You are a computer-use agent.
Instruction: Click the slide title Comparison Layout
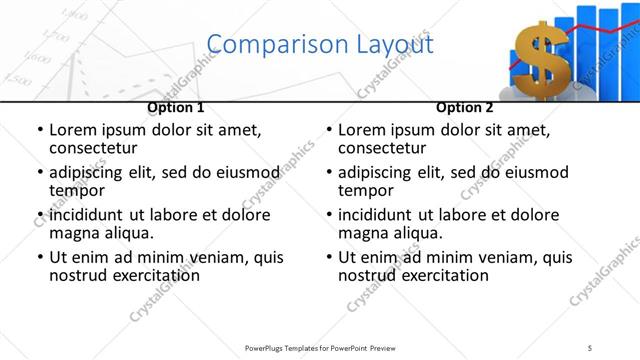(319, 44)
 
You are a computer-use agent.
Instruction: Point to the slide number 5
(590, 347)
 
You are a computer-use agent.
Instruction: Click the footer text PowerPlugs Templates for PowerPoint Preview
(319, 347)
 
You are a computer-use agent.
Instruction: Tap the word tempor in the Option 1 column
(77, 191)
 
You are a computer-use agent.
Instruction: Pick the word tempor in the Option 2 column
(366, 191)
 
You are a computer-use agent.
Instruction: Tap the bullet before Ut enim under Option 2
(330, 257)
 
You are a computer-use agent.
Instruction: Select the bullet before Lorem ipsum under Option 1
(40, 131)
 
